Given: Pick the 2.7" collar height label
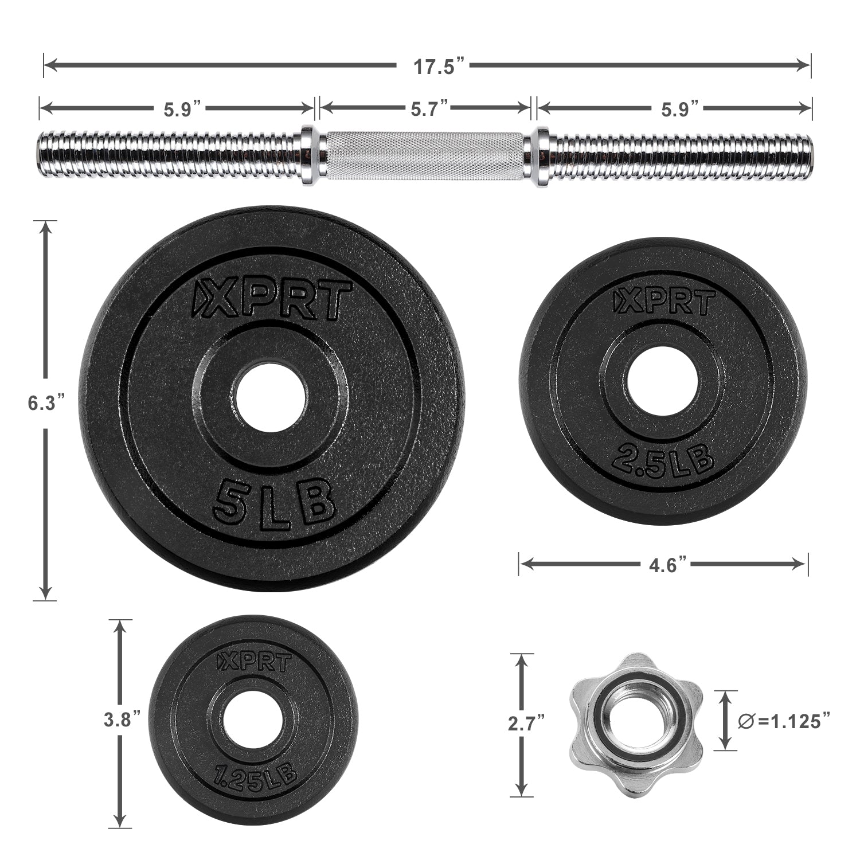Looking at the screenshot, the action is [x=523, y=724].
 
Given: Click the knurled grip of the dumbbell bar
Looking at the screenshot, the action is [x=425, y=156].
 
